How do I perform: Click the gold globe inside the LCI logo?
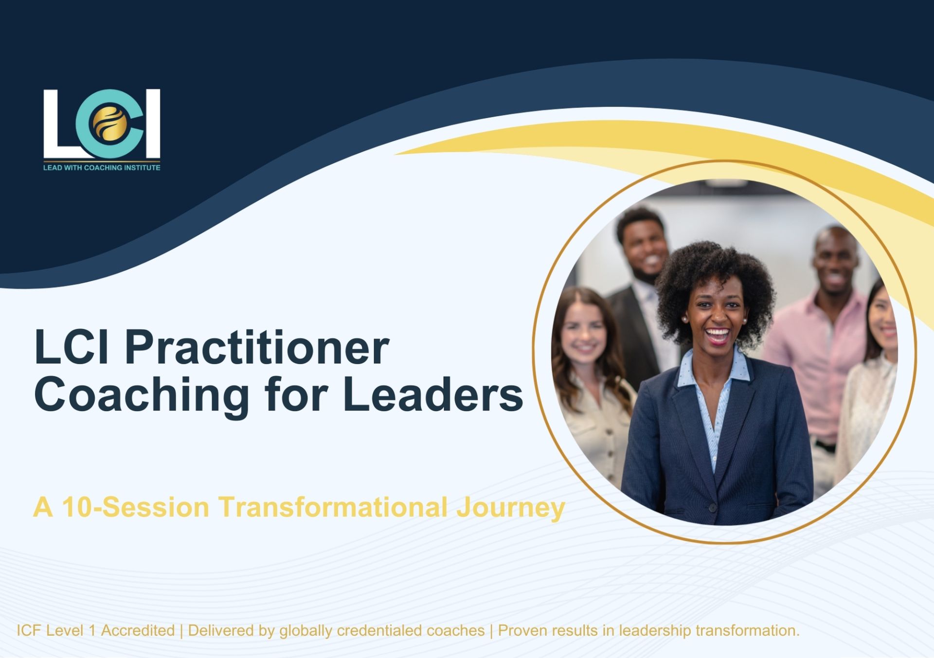[111, 124]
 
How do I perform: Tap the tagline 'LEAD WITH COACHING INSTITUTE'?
[102, 168]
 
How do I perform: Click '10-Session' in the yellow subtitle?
[136, 507]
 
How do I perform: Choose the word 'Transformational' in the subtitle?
[333, 507]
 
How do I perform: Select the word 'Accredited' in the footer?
[138, 631]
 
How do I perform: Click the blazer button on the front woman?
[712, 508]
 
